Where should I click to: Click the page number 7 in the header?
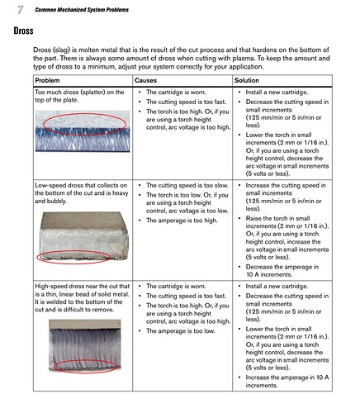(x=20, y=10)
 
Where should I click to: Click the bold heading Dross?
(x=23, y=31)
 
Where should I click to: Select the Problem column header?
(x=47, y=80)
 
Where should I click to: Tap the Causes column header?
(x=145, y=80)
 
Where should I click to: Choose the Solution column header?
(x=247, y=80)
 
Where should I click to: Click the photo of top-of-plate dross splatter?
(x=83, y=131)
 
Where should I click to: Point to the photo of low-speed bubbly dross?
(x=83, y=236)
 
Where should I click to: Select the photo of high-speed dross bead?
(x=85, y=345)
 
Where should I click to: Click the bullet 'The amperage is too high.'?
(x=182, y=221)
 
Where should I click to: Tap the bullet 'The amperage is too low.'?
(x=181, y=331)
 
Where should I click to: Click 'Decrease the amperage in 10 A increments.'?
(x=282, y=271)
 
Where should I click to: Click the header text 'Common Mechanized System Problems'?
(x=82, y=10)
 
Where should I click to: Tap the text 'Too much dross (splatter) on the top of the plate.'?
(x=79, y=96)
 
